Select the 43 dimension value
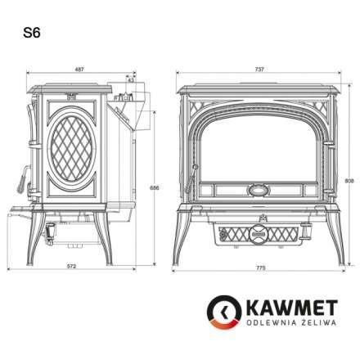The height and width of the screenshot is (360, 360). (x=131, y=79)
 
